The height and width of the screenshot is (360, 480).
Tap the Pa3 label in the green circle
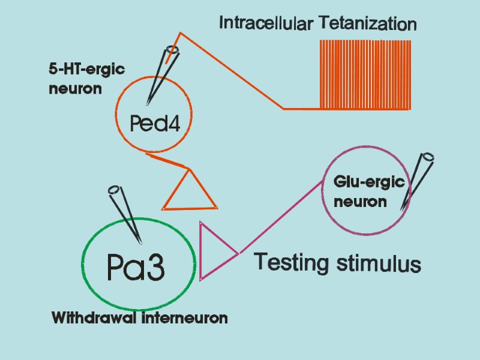click(136, 268)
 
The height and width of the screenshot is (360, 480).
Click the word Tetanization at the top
click(368, 24)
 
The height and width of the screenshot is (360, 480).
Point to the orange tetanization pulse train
click(365, 75)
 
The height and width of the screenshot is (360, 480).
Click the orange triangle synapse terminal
click(189, 193)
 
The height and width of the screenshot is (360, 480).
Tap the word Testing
click(293, 263)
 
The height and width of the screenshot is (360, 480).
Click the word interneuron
click(185, 318)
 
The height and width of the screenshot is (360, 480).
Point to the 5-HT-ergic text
click(86, 70)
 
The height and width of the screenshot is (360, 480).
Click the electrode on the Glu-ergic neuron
click(417, 180)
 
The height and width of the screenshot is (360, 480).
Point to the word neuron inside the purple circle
click(360, 202)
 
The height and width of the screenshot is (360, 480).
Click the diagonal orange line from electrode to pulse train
click(231, 71)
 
